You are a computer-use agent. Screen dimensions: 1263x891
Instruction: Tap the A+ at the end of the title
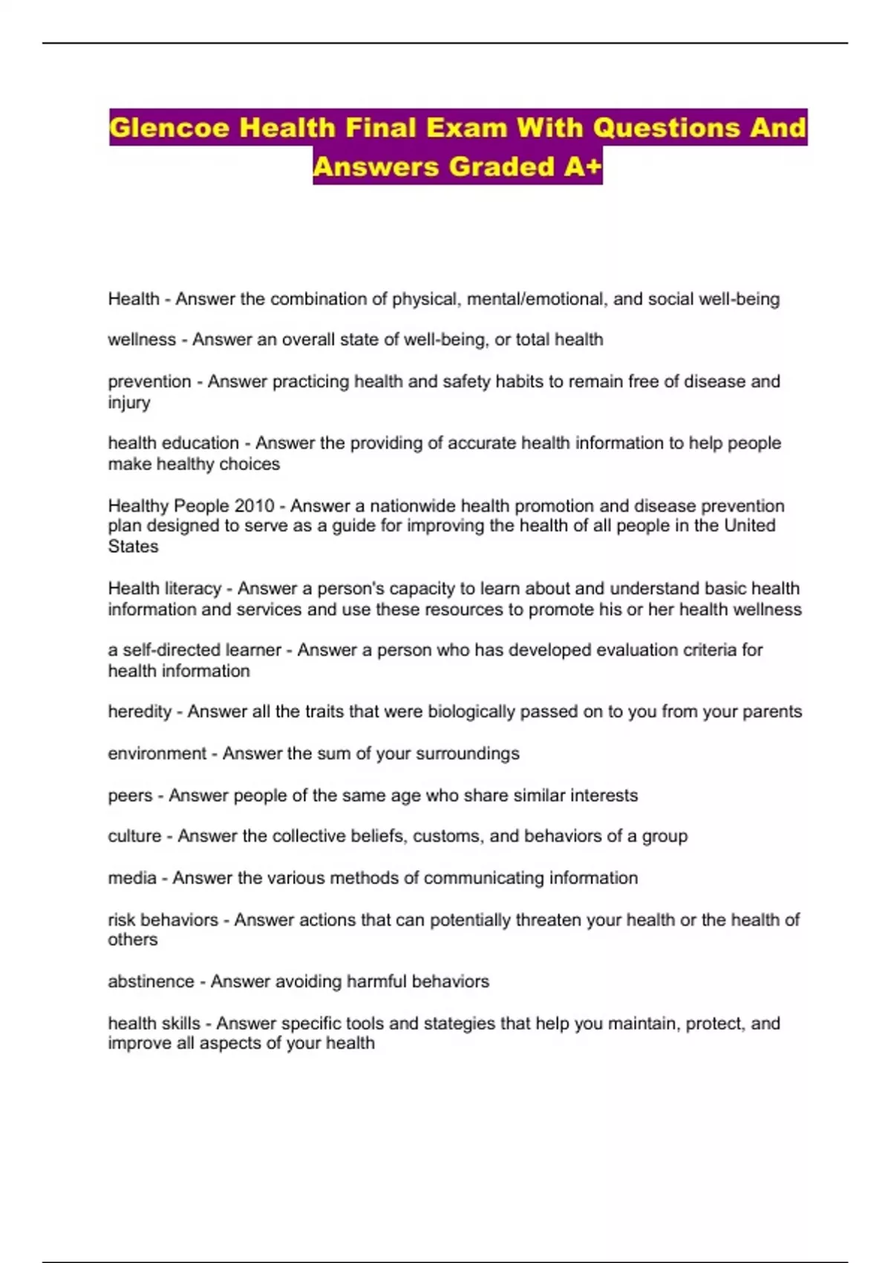tap(583, 166)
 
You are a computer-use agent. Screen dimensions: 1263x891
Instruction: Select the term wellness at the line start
tap(142, 340)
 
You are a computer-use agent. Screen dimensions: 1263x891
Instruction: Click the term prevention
tap(149, 381)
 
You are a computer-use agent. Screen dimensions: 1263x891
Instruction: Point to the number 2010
tap(255, 506)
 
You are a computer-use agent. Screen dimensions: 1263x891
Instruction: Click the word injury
tap(129, 403)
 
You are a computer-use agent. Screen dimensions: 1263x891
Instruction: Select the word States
tap(133, 547)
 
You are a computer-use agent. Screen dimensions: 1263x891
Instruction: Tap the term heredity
tap(140, 712)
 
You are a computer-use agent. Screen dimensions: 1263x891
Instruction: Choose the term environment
tap(157, 753)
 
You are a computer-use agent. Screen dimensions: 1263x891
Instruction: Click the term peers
tap(130, 796)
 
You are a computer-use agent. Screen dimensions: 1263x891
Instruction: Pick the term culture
tap(134, 837)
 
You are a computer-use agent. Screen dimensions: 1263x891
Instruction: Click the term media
tap(132, 878)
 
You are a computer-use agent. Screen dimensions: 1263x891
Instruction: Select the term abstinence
tap(151, 981)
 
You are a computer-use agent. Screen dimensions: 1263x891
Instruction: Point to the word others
tap(133, 940)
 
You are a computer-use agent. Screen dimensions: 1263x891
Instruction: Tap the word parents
tap(772, 712)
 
